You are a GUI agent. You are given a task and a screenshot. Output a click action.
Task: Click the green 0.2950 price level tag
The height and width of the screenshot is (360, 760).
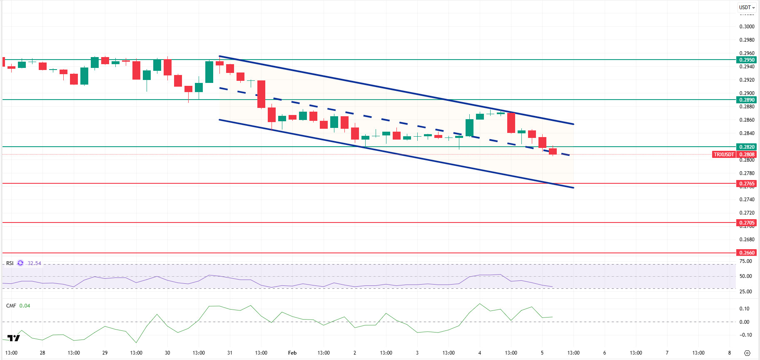747,60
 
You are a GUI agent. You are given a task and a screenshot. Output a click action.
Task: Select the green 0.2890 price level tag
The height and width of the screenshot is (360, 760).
747,100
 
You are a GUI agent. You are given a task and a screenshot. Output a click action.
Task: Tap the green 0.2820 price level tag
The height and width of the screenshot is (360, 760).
747,147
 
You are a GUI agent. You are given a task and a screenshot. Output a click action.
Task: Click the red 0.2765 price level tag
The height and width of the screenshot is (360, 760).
747,183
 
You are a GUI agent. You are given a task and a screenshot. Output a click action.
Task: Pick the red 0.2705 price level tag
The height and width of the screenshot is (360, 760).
747,222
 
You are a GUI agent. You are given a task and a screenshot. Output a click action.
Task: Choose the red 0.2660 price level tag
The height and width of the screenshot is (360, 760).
747,252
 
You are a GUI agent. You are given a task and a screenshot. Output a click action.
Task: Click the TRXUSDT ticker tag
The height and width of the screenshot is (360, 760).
724,154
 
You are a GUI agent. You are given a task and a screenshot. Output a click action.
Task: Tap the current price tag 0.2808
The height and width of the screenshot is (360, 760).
747,154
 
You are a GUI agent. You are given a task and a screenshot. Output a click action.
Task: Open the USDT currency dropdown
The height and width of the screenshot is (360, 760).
747,7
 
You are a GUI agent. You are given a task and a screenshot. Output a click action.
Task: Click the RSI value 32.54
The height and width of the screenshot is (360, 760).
34,263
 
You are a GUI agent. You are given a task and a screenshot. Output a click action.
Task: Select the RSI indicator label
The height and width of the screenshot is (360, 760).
10,263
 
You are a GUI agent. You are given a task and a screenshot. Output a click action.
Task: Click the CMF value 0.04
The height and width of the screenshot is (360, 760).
25,306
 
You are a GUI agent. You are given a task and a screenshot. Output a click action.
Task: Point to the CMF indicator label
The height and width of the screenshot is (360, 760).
11,306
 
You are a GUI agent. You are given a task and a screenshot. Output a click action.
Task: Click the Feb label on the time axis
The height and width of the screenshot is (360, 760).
292,353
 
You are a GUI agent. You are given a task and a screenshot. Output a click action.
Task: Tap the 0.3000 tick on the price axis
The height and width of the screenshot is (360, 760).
747,26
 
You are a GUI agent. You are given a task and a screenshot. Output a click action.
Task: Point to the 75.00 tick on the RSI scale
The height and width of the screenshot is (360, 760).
745,261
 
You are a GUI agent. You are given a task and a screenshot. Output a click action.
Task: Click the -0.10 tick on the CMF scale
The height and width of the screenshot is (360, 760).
745,335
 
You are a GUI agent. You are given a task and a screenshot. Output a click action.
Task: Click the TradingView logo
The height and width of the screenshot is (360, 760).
14,338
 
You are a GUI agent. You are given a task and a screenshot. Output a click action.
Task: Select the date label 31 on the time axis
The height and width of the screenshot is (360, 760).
230,353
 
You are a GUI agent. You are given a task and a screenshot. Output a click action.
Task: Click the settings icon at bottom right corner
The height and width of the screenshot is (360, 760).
747,353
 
